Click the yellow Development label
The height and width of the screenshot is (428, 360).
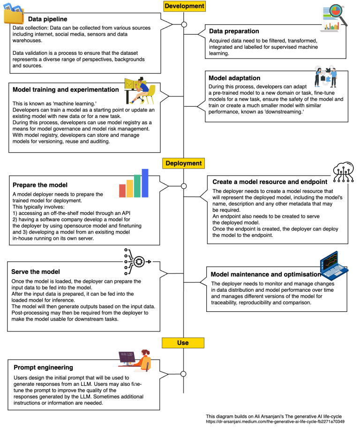point(184,6)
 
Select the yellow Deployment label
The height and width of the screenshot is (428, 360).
point(184,163)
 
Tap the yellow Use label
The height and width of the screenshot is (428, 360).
point(183,343)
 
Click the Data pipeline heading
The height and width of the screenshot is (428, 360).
point(47,19)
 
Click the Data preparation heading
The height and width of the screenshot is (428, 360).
point(234,31)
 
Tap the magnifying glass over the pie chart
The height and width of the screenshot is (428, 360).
point(338,14)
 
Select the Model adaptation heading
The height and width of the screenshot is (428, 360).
point(234,78)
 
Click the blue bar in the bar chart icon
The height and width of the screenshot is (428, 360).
point(145,183)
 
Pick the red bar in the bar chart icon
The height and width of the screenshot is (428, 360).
point(122,191)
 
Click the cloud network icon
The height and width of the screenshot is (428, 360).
point(343,172)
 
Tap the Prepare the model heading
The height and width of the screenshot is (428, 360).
point(40,185)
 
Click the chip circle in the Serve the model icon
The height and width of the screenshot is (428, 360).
point(139,262)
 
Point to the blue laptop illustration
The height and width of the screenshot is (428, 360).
point(334,266)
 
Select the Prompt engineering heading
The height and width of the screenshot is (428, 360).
point(43,368)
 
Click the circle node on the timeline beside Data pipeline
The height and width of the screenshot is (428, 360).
point(184,24)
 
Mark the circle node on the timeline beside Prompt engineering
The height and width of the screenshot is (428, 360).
point(183,374)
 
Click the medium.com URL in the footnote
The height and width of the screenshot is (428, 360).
point(275,422)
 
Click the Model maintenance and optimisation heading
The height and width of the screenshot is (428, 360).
point(266,274)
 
